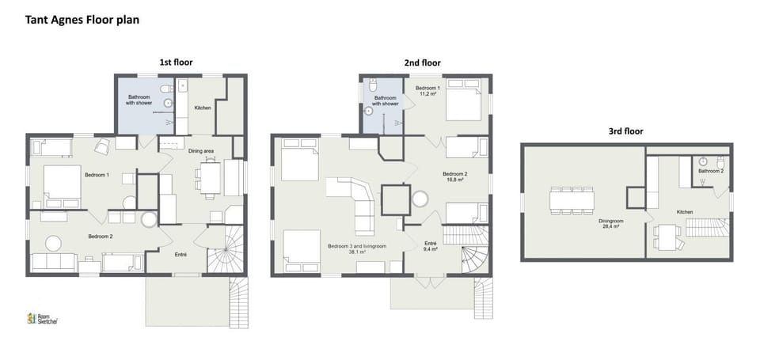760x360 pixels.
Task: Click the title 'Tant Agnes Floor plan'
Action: [82, 20]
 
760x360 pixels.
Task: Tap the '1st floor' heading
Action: [176, 62]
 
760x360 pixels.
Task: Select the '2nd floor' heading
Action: [423, 63]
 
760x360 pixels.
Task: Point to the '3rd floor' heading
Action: [625, 131]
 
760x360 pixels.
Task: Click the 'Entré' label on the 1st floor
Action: [180, 254]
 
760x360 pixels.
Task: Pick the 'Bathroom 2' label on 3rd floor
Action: [710, 171]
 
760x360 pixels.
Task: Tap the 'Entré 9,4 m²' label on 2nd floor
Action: [431, 246]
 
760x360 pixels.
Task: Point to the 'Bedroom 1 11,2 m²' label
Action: [428, 90]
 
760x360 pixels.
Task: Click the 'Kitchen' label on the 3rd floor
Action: [686, 212]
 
